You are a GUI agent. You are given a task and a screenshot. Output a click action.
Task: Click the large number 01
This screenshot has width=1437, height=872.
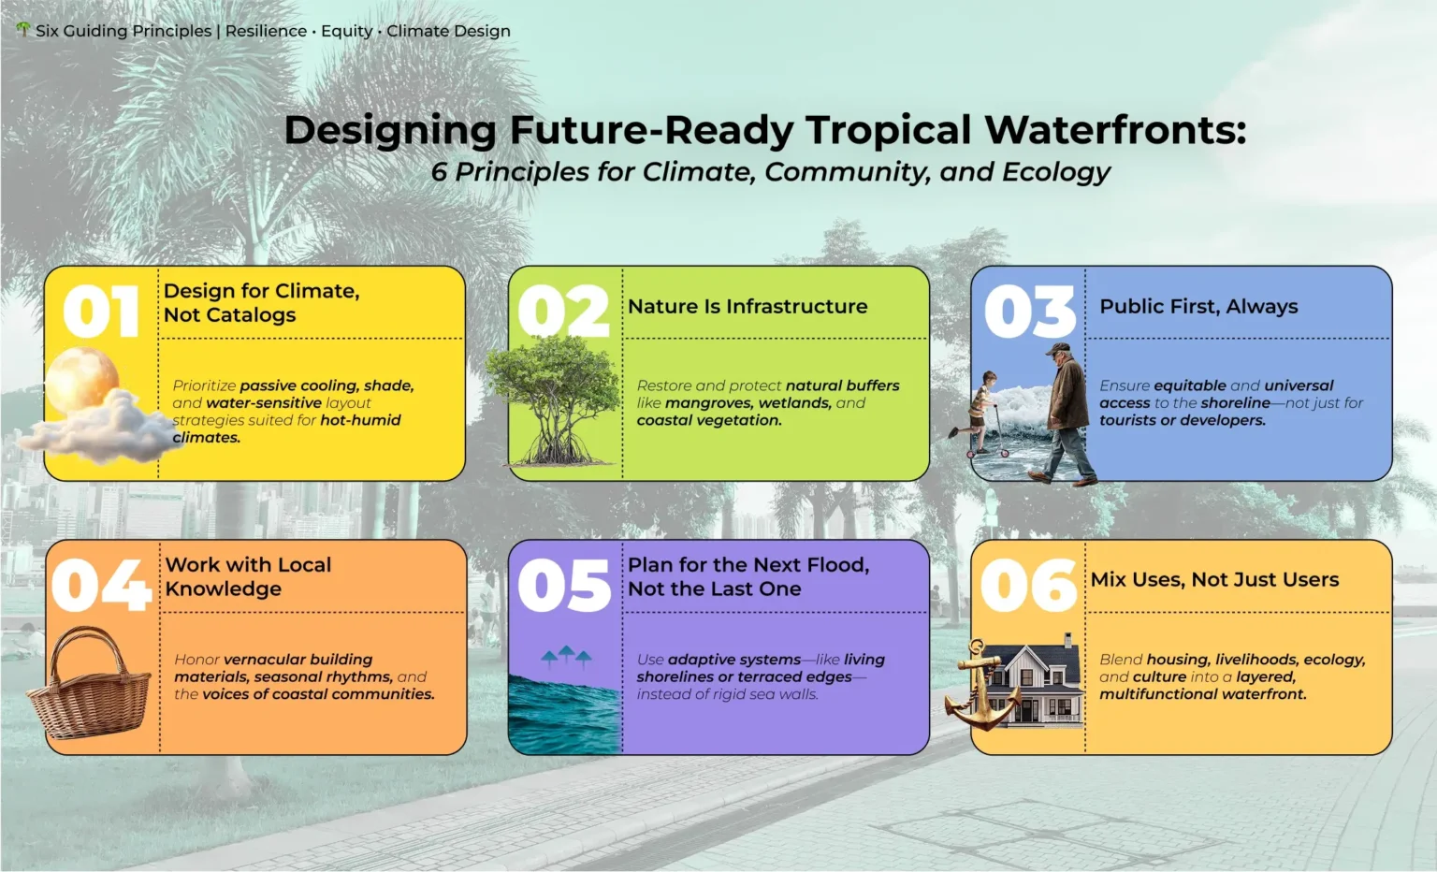(x=101, y=312)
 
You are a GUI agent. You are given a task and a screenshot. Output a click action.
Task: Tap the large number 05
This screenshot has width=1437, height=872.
(x=564, y=585)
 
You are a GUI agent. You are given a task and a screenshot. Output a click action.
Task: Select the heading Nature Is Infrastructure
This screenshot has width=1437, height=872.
(x=748, y=307)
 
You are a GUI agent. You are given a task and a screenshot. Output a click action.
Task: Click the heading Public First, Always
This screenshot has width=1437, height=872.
(x=1198, y=307)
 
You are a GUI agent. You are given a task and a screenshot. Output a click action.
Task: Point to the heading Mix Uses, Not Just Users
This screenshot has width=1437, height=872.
(x=1214, y=579)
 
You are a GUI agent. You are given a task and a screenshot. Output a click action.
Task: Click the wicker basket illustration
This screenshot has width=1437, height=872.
(x=89, y=682)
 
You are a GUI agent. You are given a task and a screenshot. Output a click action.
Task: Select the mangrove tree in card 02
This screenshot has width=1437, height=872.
(x=553, y=400)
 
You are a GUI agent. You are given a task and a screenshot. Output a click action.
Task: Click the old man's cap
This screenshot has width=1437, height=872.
(x=1058, y=348)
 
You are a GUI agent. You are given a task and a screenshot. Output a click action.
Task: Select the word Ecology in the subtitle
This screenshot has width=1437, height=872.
(x=1056, y=172)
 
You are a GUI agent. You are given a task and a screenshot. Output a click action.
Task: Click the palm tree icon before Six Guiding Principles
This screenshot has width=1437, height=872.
(x=23, y=29)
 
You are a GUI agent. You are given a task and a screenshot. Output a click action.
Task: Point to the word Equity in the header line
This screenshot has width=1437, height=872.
(x=346, y=31)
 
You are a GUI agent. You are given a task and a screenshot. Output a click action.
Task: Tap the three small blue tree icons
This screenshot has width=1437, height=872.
(x=566, y=657)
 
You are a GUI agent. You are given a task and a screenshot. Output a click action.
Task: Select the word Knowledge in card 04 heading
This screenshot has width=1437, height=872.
(x=224, y=589)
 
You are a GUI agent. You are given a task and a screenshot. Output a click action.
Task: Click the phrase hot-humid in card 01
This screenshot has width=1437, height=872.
(x=360, y=420)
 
